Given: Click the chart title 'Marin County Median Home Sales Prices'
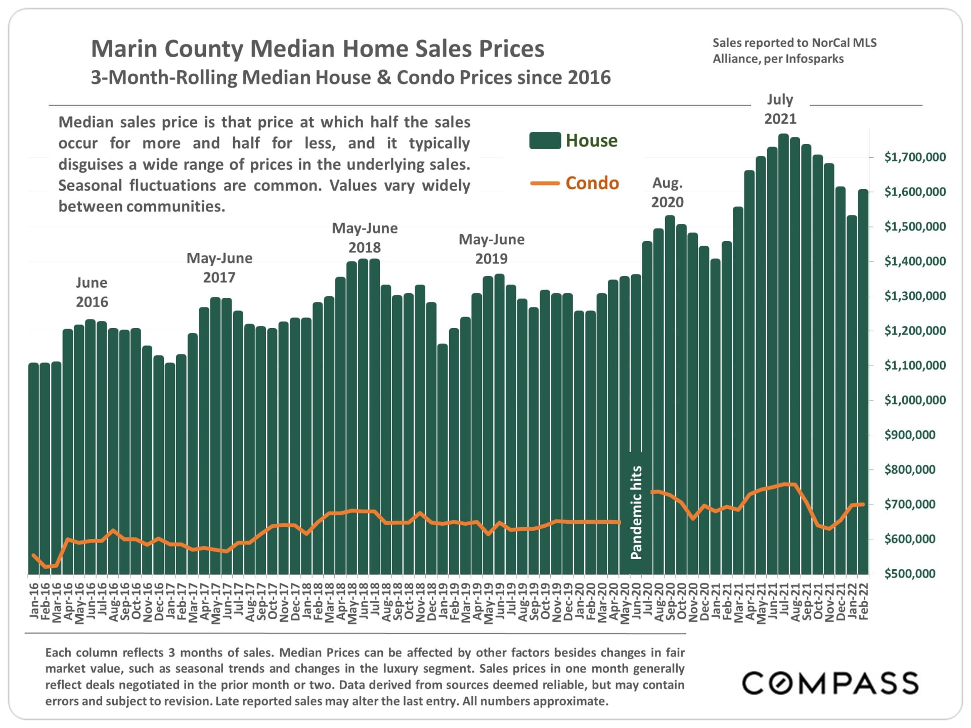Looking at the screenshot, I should coord(317,49).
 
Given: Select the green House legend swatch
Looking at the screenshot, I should coord(545,141).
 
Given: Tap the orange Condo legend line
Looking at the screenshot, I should coord(545,184).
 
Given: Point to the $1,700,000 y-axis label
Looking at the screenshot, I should coord(914,157).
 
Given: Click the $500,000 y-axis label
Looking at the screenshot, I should coord(909,574).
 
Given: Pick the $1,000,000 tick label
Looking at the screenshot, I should coord(914,400).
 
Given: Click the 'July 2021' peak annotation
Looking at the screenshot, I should coord(780,109).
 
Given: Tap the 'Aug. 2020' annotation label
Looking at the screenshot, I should coord(667,193).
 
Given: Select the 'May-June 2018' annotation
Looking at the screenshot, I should coord(365,238).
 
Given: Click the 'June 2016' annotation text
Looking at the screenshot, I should coord(92,292).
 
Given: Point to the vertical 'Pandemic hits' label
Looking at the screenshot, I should coord(636,512).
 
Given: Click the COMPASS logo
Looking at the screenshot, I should coord(830,684).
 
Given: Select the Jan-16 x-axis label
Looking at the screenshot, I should coord(34,601).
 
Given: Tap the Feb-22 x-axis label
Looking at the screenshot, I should coord(863,601).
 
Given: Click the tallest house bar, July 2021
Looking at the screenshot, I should coord(783,354).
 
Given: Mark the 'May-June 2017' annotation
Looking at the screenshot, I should coord(219,268).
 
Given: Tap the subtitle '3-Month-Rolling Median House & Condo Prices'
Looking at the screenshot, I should coord(350,78).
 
